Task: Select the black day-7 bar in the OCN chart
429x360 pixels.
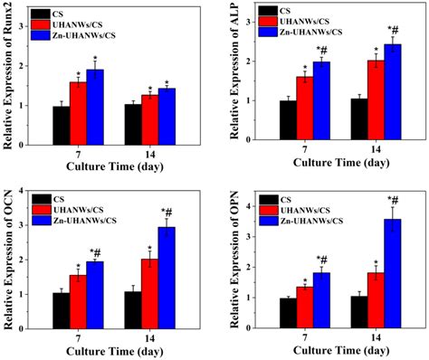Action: (62, 308)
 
